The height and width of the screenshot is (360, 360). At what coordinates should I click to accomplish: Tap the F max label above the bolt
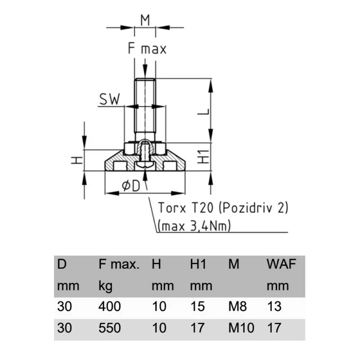click(147, 49)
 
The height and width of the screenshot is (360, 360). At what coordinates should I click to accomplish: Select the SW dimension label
click(110, 99)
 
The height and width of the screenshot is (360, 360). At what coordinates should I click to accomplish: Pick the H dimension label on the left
click(77, 160)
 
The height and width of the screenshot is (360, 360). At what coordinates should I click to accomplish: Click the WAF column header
click(281, 265)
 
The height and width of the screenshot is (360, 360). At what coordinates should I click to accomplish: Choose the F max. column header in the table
click(119, 265)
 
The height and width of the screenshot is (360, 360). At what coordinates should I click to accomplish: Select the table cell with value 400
click(109, 307)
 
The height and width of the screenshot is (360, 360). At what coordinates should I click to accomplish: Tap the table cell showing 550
click(109, 328)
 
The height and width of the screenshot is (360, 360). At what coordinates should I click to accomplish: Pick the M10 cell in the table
click(241, 328)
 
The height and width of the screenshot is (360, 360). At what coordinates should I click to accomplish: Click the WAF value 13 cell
click(274, 307)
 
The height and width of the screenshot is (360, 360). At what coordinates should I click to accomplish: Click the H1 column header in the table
click(198, 265)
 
